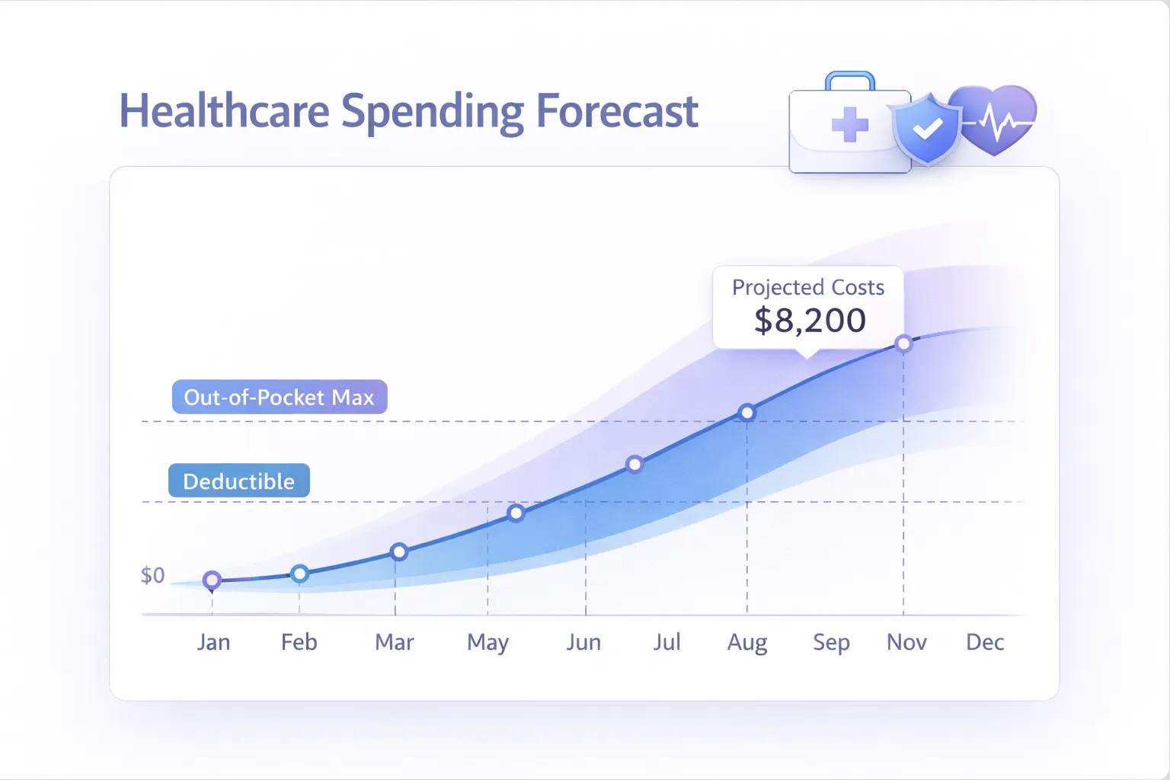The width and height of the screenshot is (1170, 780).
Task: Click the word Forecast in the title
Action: pos(617,111)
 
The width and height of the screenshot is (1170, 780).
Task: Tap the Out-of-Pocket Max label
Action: pos(280,397)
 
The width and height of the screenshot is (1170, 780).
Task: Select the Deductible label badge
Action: pos(238,481)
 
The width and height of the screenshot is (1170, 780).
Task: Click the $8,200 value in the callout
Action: pos(810,321)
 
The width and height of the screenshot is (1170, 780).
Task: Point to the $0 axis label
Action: pos(152,575)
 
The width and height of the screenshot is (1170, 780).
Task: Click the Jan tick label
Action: pos(213,642)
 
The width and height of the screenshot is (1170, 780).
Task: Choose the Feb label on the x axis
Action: pos(299,642)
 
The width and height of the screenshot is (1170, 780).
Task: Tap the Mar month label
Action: pos(394,642)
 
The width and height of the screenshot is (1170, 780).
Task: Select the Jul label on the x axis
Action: pos(667,642)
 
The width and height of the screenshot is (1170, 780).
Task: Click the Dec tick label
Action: pos(984,642)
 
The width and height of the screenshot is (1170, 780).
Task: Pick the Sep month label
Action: pos(831,642)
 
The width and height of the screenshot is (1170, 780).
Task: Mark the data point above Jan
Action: pos(213,580)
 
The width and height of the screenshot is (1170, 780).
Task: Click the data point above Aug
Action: pos(747,413)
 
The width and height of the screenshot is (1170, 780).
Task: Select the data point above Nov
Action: pos(903,344)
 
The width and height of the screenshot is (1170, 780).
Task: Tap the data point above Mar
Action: pos(398,551)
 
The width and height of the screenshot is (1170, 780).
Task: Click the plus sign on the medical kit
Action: pos(849,125)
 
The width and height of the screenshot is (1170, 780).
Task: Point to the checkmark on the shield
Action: pos(927,129)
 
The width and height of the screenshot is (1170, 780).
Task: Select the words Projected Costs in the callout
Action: pos(808,287)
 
